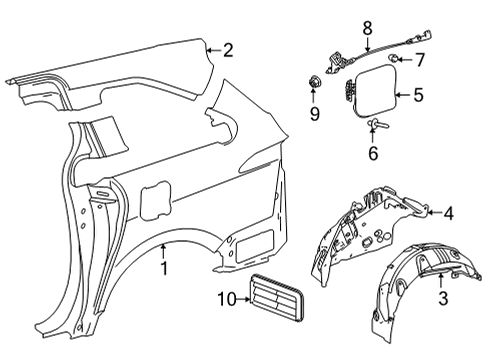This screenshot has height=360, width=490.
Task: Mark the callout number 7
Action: click(420, 61)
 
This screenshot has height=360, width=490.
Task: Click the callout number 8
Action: click(366, 29)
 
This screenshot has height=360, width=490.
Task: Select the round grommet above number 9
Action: click(312, 80)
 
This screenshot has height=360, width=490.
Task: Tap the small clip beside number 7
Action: click(397, 61)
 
